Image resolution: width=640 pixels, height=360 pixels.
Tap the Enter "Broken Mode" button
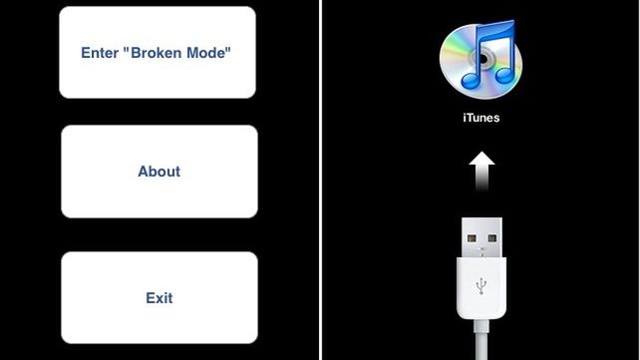point(158,52)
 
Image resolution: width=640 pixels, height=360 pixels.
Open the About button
point(159,172)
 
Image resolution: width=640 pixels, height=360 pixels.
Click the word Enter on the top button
point(101,52)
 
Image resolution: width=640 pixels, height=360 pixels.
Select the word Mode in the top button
point(212,52)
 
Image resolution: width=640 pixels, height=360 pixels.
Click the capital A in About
point(143,172)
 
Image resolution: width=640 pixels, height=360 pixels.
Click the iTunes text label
point(481,118)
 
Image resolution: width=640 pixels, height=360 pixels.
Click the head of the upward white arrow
point(481,160)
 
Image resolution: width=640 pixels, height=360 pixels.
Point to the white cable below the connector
point(481,344)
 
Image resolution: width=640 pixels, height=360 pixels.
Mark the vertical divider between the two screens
point(320,180)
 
